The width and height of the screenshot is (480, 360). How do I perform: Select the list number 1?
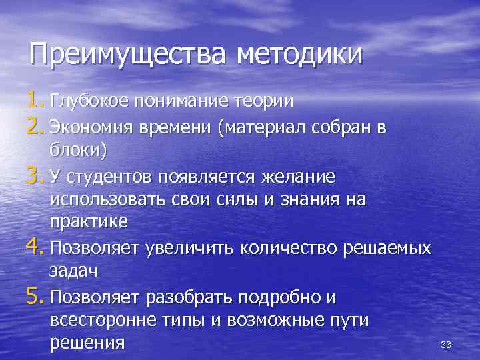click(x=35, y=101)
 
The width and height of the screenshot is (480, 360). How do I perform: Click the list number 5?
click(x=35, y=294)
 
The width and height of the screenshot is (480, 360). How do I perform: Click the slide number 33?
click(x=446, y=345)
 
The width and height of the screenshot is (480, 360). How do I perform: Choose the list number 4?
click(x=35, y=247)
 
